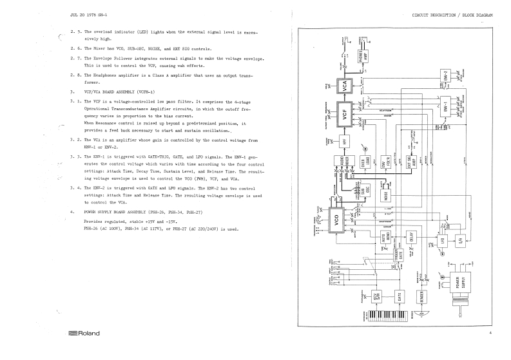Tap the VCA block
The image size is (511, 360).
point(345,86)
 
